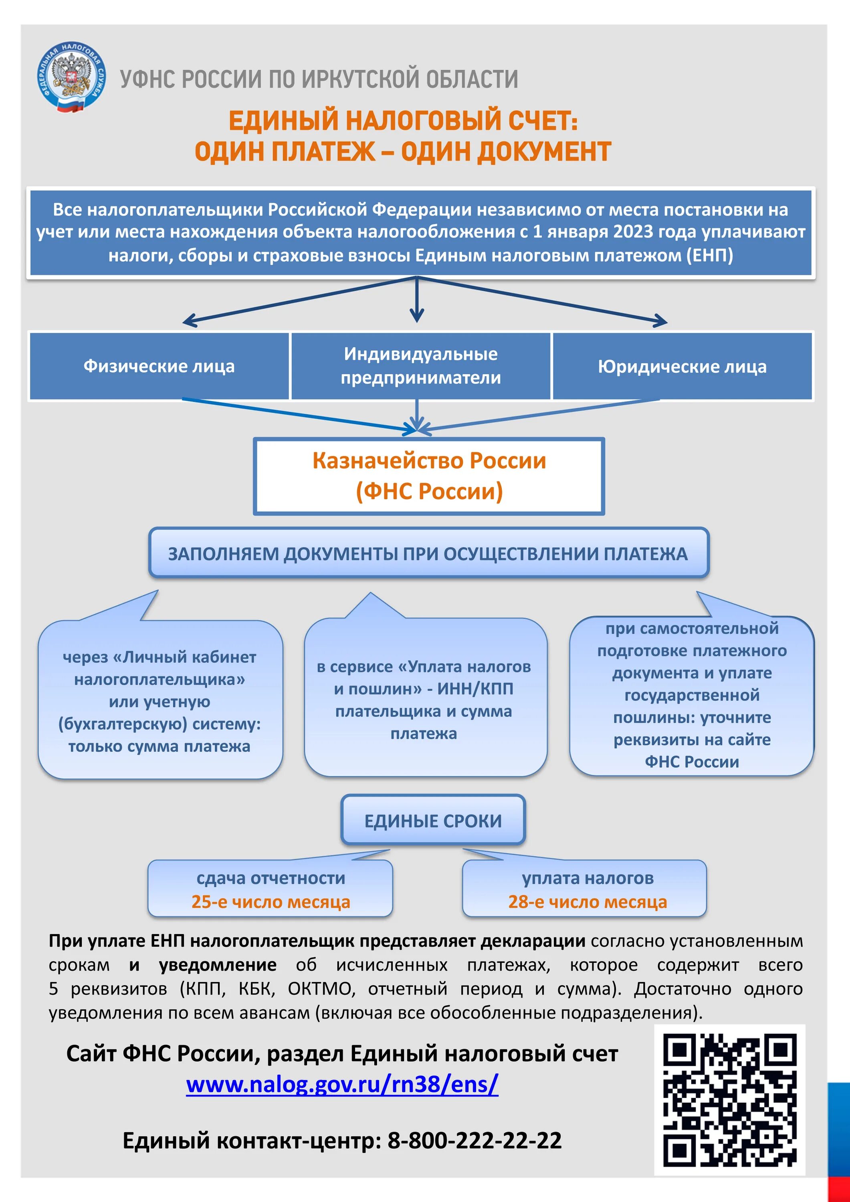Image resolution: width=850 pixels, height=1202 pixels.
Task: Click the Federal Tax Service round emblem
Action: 72,77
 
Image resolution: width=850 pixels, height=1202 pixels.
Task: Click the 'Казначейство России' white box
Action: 429,476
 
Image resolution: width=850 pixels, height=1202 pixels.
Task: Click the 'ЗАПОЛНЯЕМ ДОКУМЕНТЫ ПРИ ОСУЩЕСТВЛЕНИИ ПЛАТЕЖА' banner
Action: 428,553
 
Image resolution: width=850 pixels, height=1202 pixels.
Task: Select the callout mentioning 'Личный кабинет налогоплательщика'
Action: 160,700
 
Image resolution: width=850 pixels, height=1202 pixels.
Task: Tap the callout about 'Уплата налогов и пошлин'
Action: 424,699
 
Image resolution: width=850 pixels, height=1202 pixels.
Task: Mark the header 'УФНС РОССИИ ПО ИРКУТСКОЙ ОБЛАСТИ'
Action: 319,79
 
